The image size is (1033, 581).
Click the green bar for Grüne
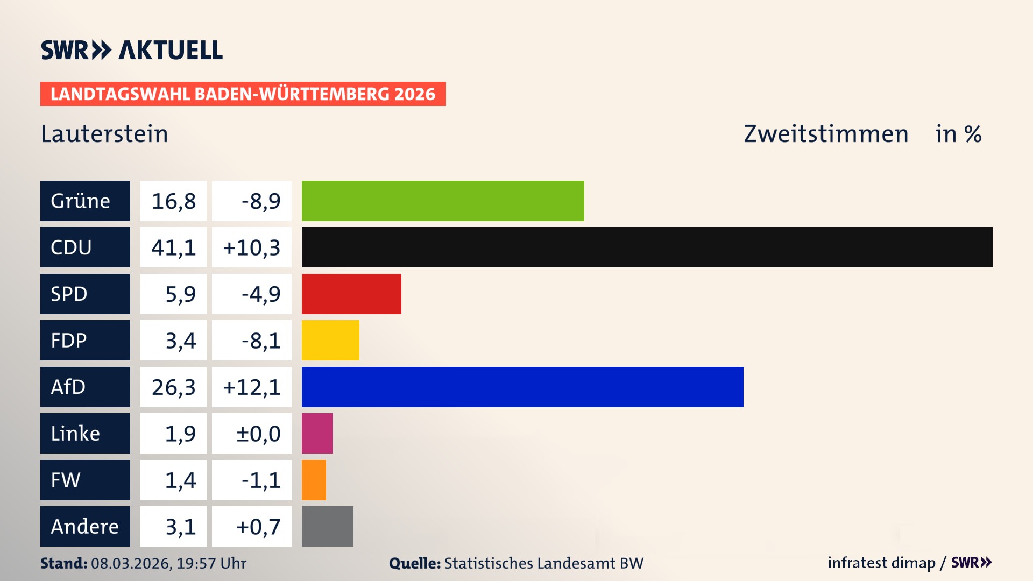(443, 201)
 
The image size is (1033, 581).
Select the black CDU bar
(647, 247)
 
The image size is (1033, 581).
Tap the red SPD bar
(351, 294)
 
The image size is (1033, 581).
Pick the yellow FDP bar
(330, 340)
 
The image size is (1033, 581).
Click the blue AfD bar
(522, 387)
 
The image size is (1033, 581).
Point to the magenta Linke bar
(317, 433)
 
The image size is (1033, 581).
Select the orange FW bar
(314, 480)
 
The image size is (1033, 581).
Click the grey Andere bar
(327, 526)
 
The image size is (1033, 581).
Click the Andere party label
(85, 526)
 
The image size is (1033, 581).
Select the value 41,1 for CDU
(173, 247)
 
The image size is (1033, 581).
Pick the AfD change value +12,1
(252, 387)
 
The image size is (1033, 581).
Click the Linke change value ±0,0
(258, 434)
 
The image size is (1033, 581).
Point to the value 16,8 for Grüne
(173, 201)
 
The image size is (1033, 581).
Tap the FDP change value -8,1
(260, 341)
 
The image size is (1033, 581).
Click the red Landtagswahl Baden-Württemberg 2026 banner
(243, 94)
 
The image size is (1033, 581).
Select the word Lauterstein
(104, 134)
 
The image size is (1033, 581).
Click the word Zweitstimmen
(826, 134)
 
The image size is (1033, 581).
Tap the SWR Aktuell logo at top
(131, 50)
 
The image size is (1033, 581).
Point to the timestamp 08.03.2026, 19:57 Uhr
(168, 563)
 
